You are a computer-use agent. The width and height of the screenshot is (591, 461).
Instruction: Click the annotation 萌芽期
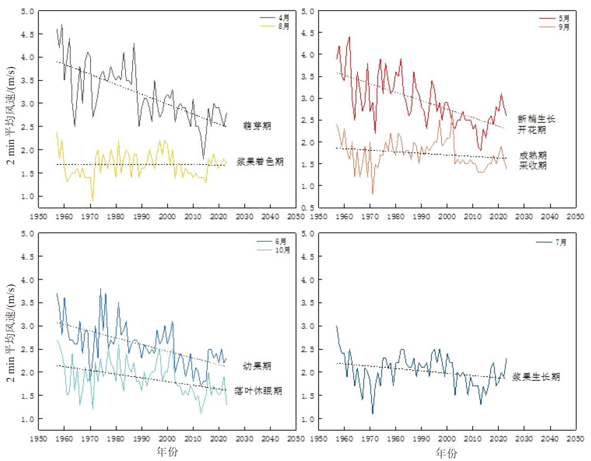(x=257, y=126)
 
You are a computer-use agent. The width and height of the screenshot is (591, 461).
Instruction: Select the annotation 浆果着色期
(x=260, y=161)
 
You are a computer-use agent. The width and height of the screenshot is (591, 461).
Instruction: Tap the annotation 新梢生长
(x=536, y=119)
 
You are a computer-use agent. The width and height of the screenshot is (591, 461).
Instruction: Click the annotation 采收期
(x=533, y=165)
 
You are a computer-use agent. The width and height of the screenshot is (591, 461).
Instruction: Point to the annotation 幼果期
(x=257, y=366)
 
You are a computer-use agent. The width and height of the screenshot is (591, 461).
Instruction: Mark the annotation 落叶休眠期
(x=258, y=390)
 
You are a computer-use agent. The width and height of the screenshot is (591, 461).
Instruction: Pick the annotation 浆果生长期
(x=536, y=376)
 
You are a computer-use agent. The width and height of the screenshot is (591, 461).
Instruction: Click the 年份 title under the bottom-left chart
(x=167, y=451)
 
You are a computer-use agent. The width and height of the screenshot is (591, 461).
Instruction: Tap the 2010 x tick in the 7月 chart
(x=472, y=438)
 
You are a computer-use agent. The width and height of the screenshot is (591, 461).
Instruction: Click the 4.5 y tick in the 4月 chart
(x=27, y=34)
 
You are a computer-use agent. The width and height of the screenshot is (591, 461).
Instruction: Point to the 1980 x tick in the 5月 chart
(x=395, y=217)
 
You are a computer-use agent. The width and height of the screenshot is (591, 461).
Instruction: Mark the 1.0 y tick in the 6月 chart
(x=27, y=419)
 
